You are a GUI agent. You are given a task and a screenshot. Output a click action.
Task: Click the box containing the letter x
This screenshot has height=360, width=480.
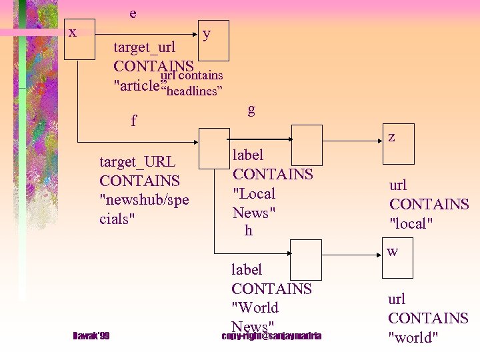(x=79, y=41)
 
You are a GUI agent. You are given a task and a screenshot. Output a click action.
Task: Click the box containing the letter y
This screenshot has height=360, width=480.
(x=213, y=41)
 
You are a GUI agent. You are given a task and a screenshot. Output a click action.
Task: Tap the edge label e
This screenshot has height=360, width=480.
(x=133, y=13)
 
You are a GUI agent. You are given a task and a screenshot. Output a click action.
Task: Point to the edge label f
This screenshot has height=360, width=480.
(x=134, y=121)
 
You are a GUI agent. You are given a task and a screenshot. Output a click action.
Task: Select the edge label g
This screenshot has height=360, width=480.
(x=251, y=109)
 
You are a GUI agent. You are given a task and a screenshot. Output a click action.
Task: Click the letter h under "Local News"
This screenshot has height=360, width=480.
(x=249, y=231)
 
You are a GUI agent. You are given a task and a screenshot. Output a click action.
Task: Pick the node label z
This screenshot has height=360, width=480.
(x=391, y=137)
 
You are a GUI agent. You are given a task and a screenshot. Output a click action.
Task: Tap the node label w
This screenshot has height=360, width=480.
(x=393, y=251)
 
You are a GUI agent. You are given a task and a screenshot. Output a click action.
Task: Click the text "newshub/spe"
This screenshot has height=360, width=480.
(x=144, y=199)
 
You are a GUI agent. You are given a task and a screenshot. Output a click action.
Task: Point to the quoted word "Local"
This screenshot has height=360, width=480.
(x=254, y=194)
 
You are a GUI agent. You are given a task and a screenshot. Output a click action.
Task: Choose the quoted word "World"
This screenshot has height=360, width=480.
(x=255, y=308)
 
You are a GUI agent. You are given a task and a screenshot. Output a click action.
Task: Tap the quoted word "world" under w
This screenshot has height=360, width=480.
(x=413, y=337)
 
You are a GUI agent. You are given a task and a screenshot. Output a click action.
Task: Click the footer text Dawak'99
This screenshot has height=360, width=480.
(x=91, y=335)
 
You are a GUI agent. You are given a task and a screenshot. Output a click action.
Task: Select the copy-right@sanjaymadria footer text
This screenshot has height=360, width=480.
(x=271, y=335)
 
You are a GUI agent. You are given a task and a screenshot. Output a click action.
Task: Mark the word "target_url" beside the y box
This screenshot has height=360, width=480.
(x=145, y=47)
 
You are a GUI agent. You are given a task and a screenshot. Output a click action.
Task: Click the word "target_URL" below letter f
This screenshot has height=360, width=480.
(x=137, y=162)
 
